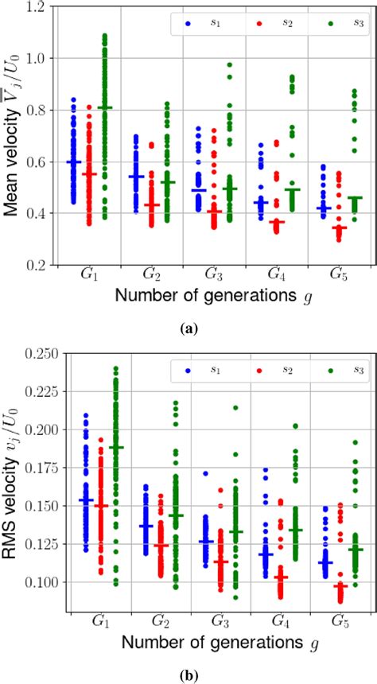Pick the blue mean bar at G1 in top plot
click(74, 161)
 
